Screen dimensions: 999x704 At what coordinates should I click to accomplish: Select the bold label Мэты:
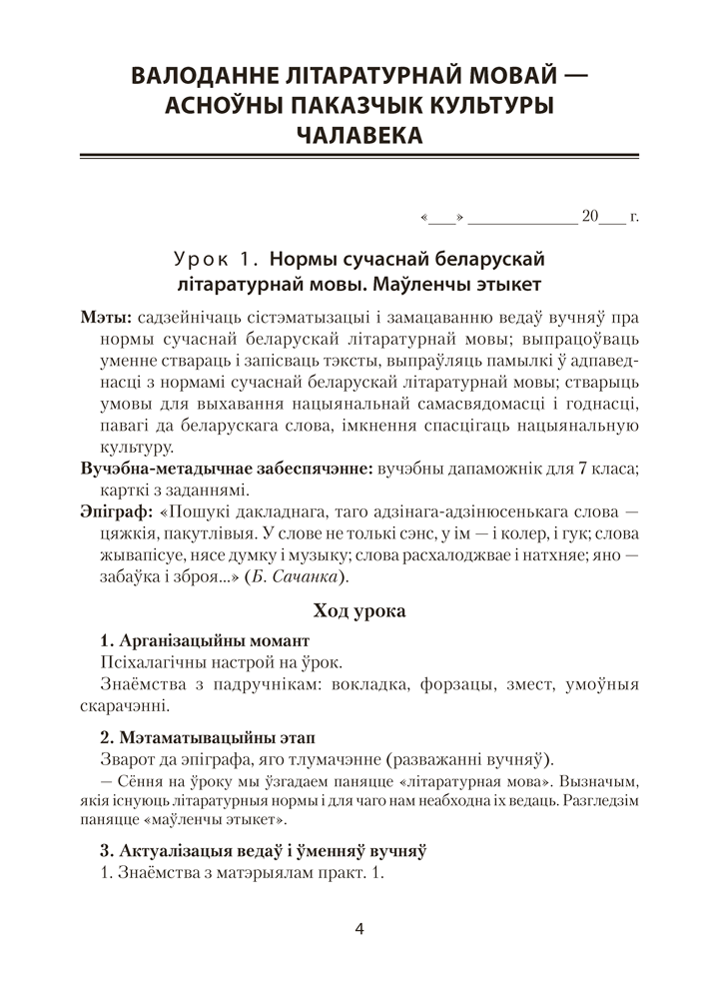[103, 318]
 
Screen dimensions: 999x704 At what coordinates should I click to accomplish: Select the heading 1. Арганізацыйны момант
[205, 639]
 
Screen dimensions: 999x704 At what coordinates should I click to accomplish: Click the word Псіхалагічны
[154, 661]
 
